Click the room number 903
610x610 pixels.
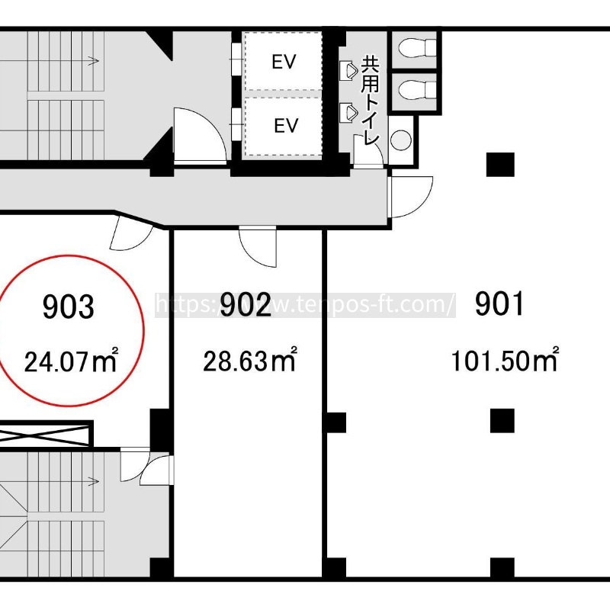pyautogui.click(x=68, y=307)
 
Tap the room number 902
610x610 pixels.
pyautogui.click(x=246, y=303)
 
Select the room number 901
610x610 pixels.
pyautogui.click(x=499, y=303)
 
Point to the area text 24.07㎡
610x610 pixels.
pyautogui.click(x=71, y=360)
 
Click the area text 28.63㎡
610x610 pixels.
pyautogui.click(x=250, y=359)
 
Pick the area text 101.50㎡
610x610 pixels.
pyautogui.click(x=505, y=359)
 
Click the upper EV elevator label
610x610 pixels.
pyautogui.click(x=284, y=62)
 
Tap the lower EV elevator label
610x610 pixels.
pyautogui.click(x=286, y=125)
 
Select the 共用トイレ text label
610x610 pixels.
pyautogui.click(x=370, y=101)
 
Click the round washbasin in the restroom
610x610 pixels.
pyautogui.click(x=401, y=140)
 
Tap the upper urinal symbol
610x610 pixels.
pyautogui.click(x=348, y=70)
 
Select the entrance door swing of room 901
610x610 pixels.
pyautogui.click(x=412, y=197)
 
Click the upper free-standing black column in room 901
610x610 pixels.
pyautogui.click(x=500, y=165)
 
